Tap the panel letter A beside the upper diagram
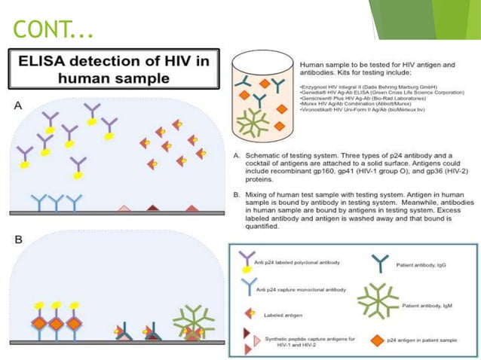click(x=18, y=107)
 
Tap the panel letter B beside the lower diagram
click(x=17, y=241)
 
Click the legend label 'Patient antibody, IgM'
click(x=437, y=305)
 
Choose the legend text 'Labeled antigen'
click(x=283, y=315)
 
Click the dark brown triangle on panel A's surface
click(x=154, y=208)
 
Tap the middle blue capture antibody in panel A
click(x=58, y=202)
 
